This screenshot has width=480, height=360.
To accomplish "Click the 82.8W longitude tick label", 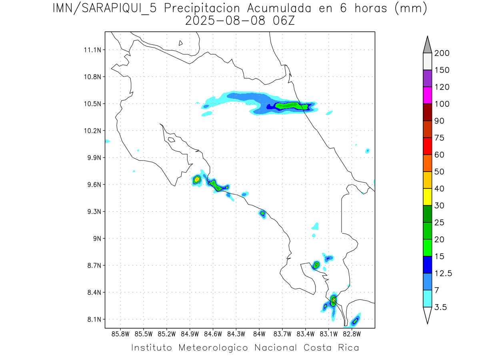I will coord(352,334).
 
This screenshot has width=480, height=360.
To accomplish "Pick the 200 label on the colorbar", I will coord(442,53).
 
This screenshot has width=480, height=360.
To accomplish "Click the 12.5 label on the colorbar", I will coord(443,273).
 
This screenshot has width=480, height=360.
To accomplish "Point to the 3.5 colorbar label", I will coord(441,307).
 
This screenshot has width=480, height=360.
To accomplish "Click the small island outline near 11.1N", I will coord(181,43).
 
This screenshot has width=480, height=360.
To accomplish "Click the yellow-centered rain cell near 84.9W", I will coord(197,179).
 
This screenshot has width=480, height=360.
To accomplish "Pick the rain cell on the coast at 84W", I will coord(262,213).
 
